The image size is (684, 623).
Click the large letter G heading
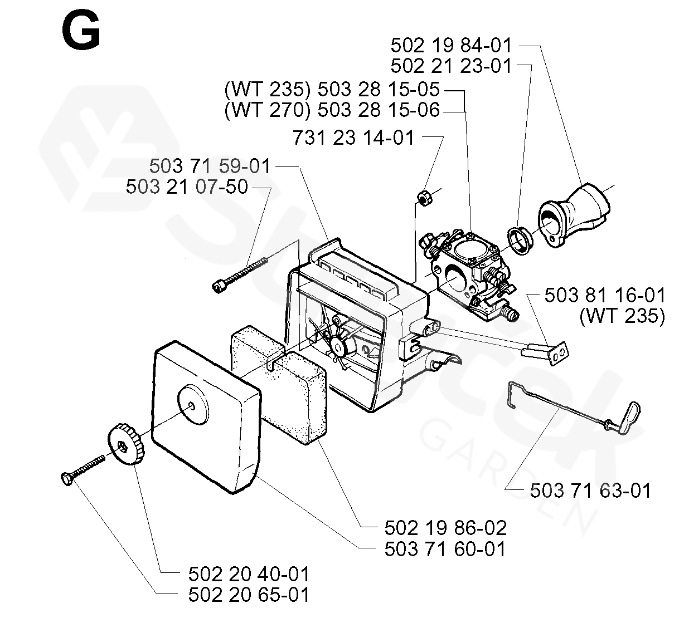(81, 31)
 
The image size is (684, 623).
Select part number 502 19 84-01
(451, 45)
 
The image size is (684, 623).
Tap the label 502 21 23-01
(451, 66)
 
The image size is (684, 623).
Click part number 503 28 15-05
(379, 89)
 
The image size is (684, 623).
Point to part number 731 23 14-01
(353, 138)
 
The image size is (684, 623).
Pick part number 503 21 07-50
(187, 187)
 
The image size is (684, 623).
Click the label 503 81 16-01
(605, 295)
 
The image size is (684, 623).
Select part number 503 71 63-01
(590, 490)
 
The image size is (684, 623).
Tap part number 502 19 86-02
(445, 527)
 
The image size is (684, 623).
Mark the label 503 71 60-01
(445, 549)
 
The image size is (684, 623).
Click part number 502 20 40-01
(248, 573)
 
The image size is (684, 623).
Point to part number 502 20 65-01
(248, 594)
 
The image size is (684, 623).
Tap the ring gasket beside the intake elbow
(521, 240)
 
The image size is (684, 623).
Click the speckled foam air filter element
(279, 384)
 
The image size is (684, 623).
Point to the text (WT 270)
(267, 110)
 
